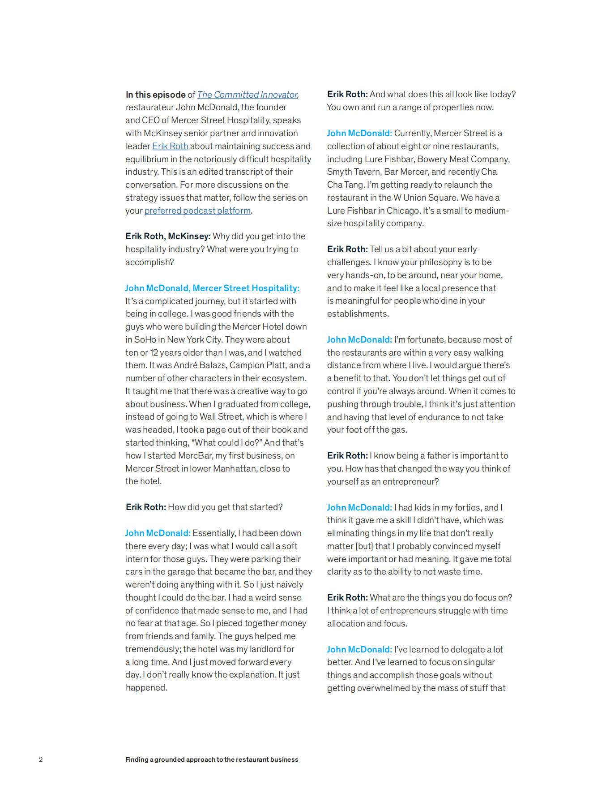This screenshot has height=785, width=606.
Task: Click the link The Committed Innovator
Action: pyautogui.click(x=248, y=94)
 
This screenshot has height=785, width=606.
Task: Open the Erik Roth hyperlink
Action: pyautogui.click(x=170, y=146)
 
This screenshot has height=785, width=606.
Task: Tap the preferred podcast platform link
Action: pyautogui.click(x=197, y=210)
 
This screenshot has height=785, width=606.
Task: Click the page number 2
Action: pyautogui.click(x=41, y=759)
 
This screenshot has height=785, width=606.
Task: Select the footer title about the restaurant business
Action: pyautogui.click(x=212, y=759)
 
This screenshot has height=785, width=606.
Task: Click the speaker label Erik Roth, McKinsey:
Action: pyautogui.click(x=168, y=236)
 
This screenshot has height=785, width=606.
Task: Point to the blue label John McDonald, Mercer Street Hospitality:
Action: pyautogui.click(x=212, y=288)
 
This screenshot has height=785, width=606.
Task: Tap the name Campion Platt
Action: pyautogui.click(x=258, y=365)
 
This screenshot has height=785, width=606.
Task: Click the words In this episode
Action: pyautogui.click(x=155, y=94)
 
